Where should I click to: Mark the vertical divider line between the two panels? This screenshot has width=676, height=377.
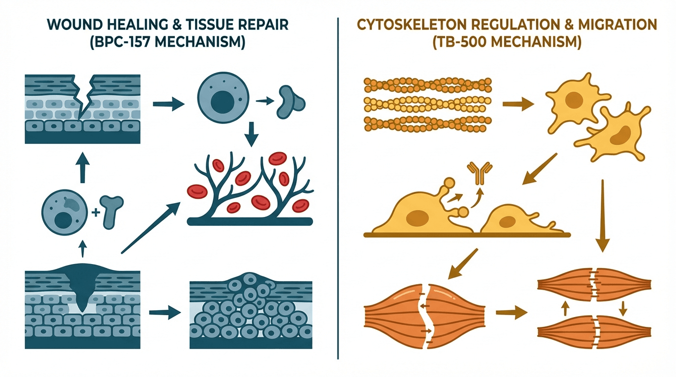tap(338, 187)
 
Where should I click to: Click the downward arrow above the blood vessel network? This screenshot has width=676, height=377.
tap(252, 134)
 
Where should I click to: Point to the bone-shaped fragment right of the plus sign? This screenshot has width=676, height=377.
tap(111, 210)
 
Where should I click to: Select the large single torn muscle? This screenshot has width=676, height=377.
tap(424, 313)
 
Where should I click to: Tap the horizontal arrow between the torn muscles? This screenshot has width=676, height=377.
tap(511, 312)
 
